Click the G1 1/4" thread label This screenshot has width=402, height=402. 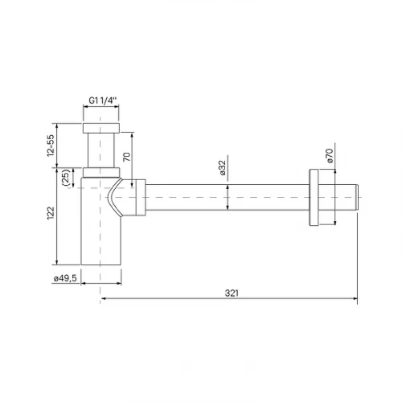coord(103,100)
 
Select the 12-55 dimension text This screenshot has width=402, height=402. coord(51,146)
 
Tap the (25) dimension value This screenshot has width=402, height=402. coord(66,178)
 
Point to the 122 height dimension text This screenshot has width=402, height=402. coord(51,213)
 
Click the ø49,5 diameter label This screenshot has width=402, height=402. coord(65,278)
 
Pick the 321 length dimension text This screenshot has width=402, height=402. coord(232,293)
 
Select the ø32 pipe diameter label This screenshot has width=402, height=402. coord(223,167)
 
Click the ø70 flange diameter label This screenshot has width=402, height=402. coord(330,156)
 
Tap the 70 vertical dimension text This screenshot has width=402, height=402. coord(126,157)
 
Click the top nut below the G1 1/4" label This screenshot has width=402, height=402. coord(101,128)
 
